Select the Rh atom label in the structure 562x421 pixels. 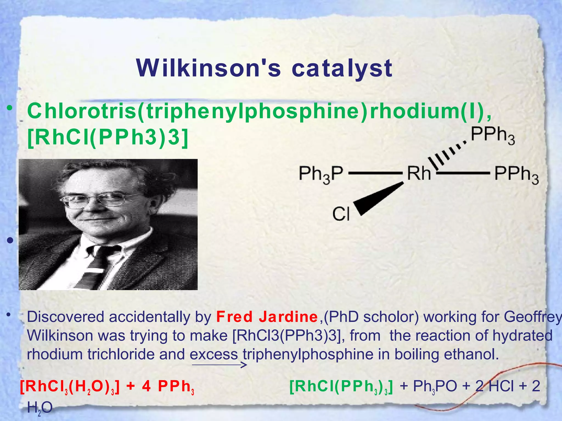point(419,173)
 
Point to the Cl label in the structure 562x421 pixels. point(341,214)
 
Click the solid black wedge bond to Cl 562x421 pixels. point(379,198)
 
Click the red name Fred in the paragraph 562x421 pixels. point(234,317)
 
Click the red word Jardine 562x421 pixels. point(288,317)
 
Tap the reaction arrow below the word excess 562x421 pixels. point(219,365)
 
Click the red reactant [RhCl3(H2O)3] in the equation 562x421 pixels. point(70,387)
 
